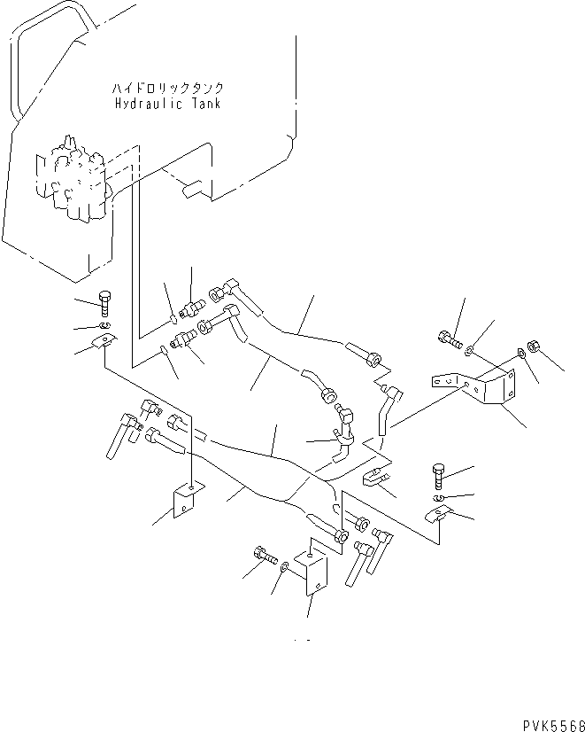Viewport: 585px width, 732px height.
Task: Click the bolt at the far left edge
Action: [x=104, y=302]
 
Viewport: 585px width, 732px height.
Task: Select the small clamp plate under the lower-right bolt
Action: [x=442, y=515]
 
